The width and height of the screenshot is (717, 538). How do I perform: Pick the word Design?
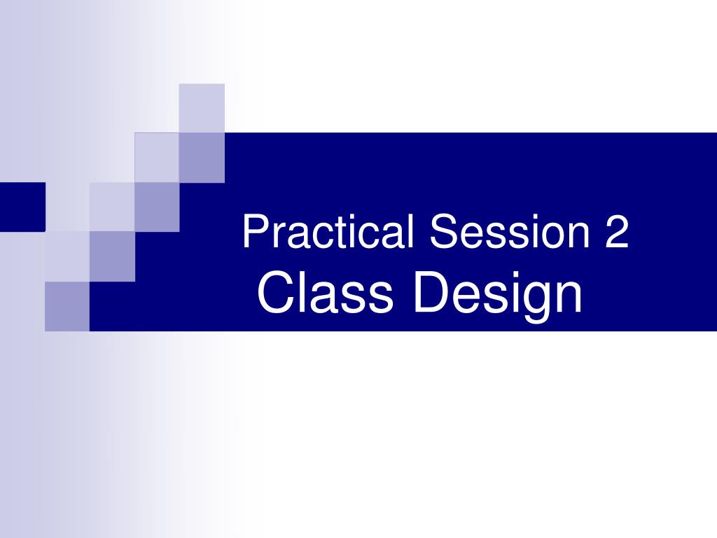[498, 294]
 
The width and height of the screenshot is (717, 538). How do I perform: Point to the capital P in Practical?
[253, 232]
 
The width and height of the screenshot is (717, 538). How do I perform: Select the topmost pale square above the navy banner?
[202, 108]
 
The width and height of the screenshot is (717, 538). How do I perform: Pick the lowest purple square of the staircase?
[67, 306]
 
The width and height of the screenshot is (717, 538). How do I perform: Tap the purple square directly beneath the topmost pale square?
[202, 158]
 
